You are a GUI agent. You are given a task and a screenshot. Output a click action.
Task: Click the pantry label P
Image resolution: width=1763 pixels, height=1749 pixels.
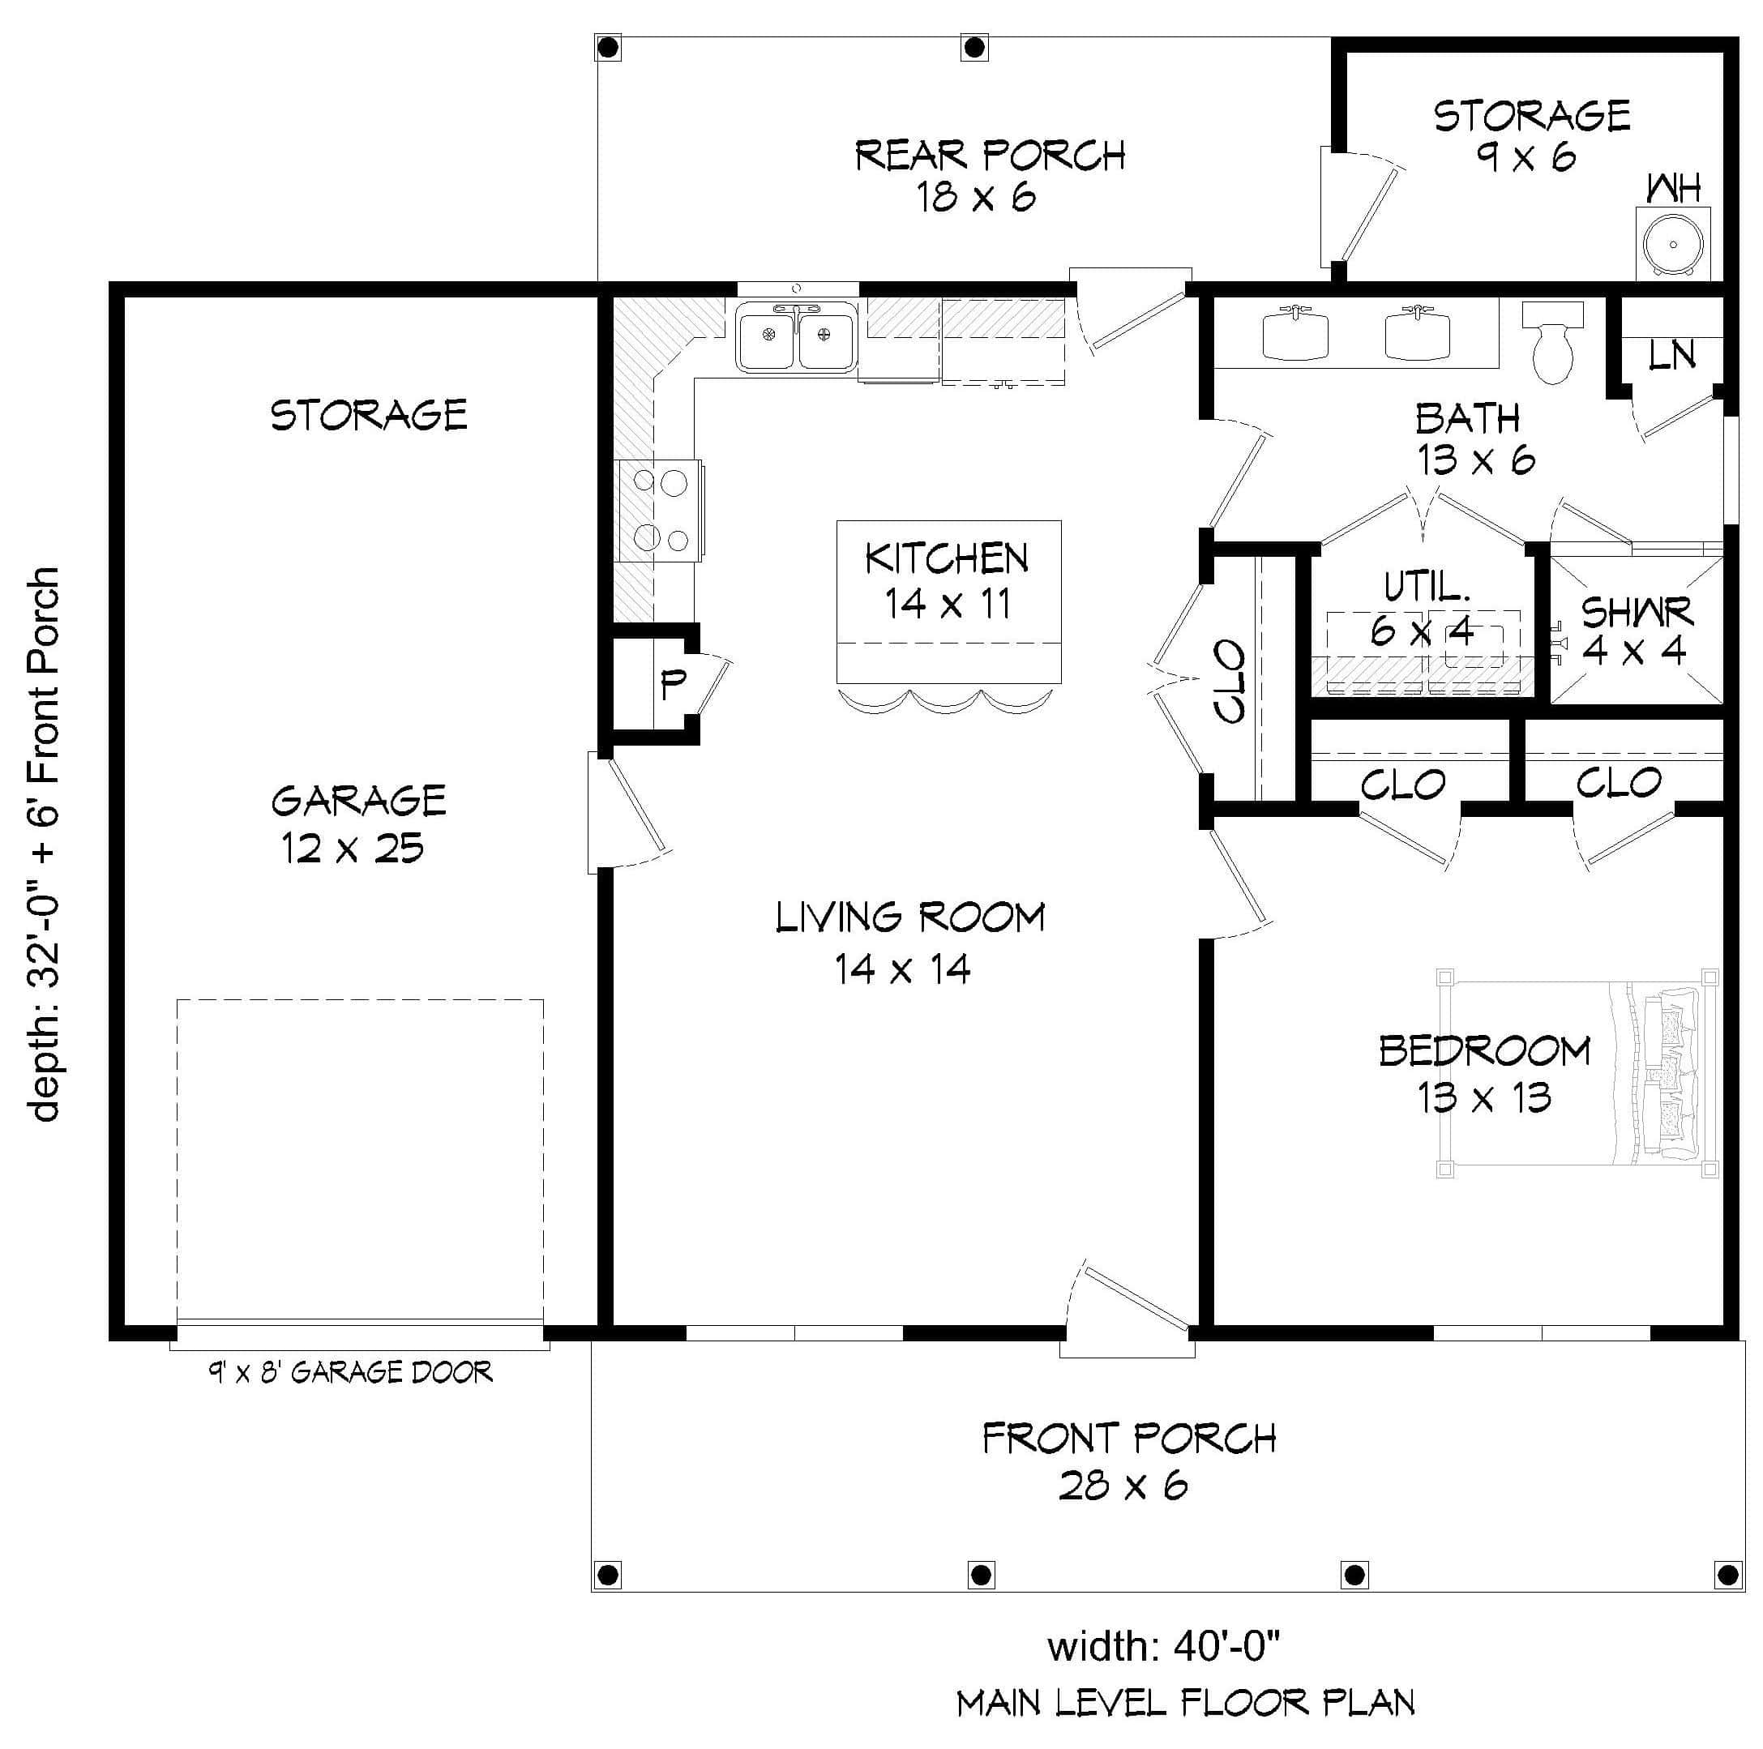click(674, 683)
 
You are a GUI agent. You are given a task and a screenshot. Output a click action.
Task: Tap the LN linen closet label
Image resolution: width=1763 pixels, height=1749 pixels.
click(1671, 356)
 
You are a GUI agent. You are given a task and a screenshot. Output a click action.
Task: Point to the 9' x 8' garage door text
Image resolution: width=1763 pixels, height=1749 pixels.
click(350, 1372)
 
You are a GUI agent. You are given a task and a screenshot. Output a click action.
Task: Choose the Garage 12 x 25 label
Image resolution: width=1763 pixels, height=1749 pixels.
click(357, 824)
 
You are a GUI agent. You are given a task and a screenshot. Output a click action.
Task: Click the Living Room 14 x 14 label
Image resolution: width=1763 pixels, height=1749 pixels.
click(909, 943)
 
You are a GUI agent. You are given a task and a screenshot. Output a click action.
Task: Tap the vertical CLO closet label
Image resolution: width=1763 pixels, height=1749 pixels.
click(1231, 682)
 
